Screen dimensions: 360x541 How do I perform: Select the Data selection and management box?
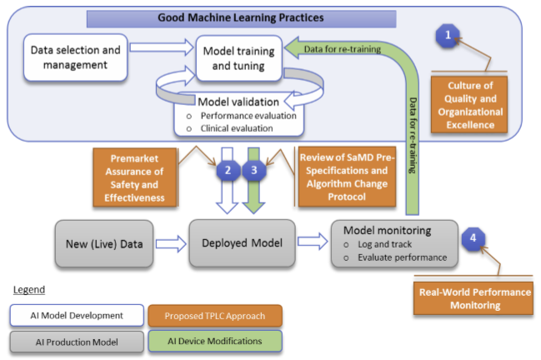(x=76, y=57)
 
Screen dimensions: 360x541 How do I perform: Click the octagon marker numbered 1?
(x=448, y=35)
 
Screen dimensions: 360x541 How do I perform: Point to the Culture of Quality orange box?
(x=472, y=104)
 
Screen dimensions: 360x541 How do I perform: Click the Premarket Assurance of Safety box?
(x=128, y=177)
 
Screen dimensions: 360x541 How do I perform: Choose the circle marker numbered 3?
(x=254, y=170)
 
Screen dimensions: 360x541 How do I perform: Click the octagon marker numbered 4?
(x=472, y=237)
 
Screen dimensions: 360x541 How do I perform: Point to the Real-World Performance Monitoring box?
(x=472, y=299)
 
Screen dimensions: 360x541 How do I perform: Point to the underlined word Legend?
(x=30, y=290)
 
